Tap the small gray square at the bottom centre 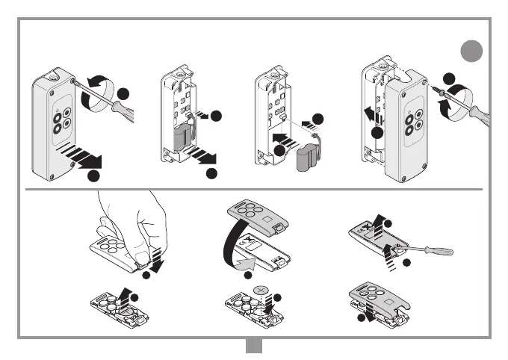253,347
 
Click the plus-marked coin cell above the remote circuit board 261,289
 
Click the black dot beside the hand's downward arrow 146,276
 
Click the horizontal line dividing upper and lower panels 254,189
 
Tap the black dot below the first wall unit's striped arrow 93,176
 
